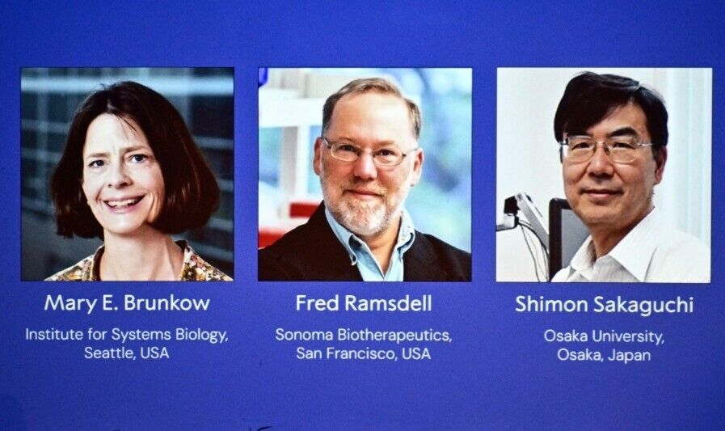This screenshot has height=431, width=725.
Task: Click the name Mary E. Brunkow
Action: tap(127, 303)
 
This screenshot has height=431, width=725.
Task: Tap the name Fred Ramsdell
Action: tap(364, 303)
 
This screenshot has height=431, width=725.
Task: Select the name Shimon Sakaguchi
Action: tap(605, 305)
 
